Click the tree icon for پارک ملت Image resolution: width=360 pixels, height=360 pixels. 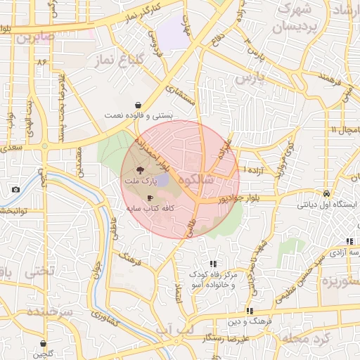tap(139, 170)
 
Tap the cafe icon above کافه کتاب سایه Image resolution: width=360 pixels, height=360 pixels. tap(150, 198)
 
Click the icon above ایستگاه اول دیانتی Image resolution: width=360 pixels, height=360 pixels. tap(327, 193)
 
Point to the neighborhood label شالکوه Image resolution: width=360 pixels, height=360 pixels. tap(196, 180)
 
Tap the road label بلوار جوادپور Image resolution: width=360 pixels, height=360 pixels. tap(236, 199)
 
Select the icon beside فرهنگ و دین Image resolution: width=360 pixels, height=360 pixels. tap(249, 310)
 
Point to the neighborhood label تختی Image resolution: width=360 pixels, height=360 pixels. tap(39, 271)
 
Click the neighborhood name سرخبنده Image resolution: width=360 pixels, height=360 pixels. tap(51, 311)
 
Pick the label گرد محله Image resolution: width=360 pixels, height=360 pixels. tap(303, 338)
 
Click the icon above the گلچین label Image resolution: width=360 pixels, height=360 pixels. tap(44, 344)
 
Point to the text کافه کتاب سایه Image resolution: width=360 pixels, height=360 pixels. tap(150, 208)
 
